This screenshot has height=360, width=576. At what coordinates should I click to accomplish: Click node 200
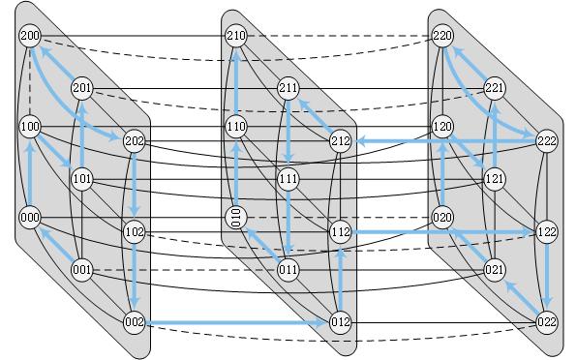pos(30,37)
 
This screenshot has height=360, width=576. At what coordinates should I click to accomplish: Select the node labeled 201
pos(82,89)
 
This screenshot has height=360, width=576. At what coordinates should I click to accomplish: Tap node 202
pos(135,141)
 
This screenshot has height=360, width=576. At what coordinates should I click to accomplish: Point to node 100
pos(30,127)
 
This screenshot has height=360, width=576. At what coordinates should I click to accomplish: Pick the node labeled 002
pos(135,322)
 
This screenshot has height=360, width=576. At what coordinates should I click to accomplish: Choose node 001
pos(82,270)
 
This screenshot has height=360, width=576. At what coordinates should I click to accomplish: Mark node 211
pos(288,89)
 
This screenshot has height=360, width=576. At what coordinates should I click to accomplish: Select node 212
pos(341,141)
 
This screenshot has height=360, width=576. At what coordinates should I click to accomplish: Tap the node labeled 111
pos(288,179)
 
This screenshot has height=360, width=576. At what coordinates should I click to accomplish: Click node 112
pos(341,232)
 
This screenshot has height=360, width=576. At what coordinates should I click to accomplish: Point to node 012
pos(341,322)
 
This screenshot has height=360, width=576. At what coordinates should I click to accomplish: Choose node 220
pos(442,37)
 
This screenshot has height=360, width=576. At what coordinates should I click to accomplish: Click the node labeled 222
pos(547,141)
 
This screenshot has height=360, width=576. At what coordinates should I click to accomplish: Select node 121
pos(495,179)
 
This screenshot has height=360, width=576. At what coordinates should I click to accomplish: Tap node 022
pos(547,322)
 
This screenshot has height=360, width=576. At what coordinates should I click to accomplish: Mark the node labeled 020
pos(442,217)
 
